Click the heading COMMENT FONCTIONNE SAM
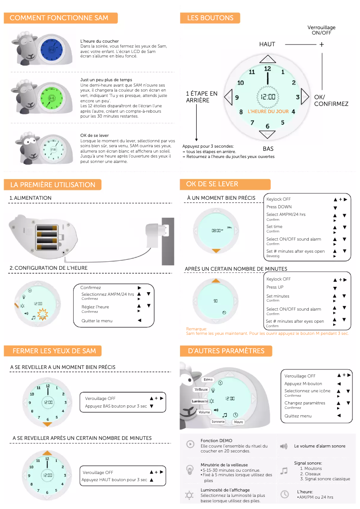click(x=59, y=18)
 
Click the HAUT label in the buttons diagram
click(x=267, y=44)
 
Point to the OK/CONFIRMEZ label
click(x=331, y=101)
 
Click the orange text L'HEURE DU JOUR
click(x=268, y=111)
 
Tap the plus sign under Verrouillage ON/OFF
click(x=321, y=44)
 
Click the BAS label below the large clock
click(x=268, y=148)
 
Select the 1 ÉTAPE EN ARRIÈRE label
click(x=202, y=97)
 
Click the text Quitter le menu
click(x=97, y=320)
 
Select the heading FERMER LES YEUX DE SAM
click(x=54, y=351)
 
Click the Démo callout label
click(x=208, y=379)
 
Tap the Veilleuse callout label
click(x=201, y=390)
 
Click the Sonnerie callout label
click(x=218, y=422)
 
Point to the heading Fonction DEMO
click(x=216, y=441)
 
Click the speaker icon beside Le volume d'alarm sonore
click(x=284, y=446)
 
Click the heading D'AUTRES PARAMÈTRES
click(x=226, y=351)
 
